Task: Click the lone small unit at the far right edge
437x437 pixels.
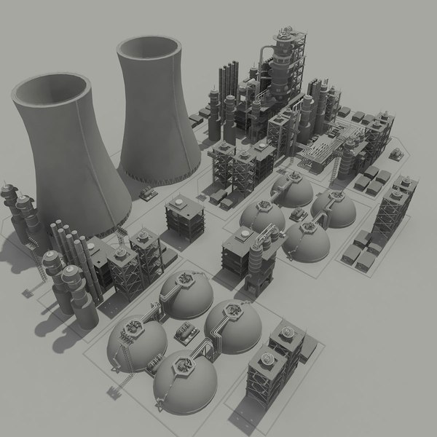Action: coord(398,154)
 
